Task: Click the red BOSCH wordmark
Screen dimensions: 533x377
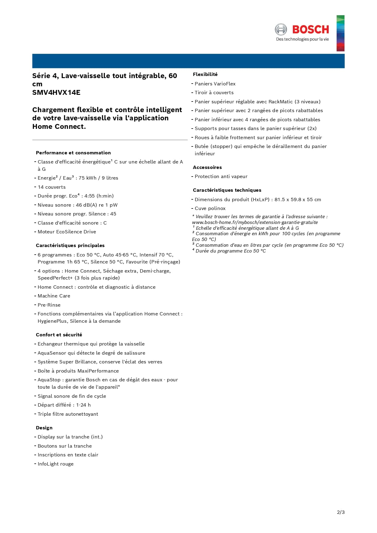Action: tap(310, 29)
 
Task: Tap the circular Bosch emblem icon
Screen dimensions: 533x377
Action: tap(281, 29)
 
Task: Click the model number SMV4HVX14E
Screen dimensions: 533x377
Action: tap(56, 92)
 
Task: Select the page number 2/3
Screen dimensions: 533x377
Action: tap(341, 512)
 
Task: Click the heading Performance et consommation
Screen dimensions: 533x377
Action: tap(73, 153)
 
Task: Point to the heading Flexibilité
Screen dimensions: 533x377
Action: tap(205, 74)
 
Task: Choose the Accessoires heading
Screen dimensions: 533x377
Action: tap(207, 167)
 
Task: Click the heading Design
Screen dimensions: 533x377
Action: tap(44, 428)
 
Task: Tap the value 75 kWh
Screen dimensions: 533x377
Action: tap(87, 178)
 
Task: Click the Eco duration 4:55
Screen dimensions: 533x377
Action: tap(90, 196)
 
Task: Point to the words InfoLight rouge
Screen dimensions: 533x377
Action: tap(56, 464)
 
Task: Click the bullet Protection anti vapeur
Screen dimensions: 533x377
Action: tap(221, 176)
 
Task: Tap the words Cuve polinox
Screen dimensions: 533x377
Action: tap(210, 208)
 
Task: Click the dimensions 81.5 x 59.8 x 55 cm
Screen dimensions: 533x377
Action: tap(298, 199)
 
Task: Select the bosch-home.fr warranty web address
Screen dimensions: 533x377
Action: tap(255, 222)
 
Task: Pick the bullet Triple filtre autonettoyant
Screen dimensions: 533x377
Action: tap(68, 414)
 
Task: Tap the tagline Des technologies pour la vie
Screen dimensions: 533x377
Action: tap(302, 39)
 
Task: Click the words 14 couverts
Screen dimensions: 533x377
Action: tap(52, 187)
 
